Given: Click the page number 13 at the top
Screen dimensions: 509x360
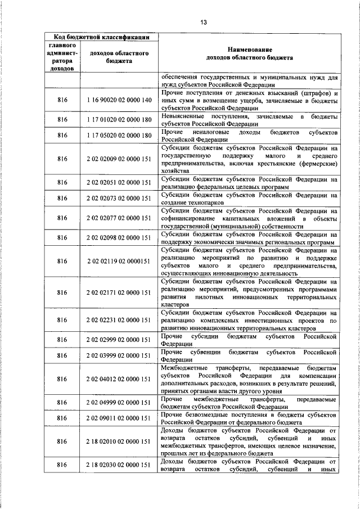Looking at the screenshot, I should [203, 22].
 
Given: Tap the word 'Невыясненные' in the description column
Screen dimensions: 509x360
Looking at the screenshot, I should [185, 116].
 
